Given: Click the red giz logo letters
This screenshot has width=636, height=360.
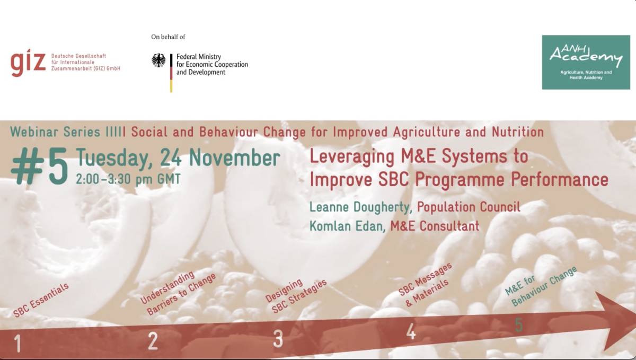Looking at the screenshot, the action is (28, 63).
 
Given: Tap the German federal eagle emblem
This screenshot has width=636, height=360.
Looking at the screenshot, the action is (158, 60).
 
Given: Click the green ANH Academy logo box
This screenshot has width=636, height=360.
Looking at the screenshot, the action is (586, 62).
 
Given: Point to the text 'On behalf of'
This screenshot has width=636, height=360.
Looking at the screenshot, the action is (168, 37).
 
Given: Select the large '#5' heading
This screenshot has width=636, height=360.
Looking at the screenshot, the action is (40, 167).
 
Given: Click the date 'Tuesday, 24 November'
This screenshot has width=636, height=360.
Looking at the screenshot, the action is (178, 158).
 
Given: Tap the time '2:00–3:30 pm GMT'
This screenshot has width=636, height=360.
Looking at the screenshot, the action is (128, 179).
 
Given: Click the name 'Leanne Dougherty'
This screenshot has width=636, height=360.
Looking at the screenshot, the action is (359, 207).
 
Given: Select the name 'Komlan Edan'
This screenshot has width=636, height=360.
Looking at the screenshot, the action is (346, 226).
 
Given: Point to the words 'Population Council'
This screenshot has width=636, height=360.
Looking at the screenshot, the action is (469, 207).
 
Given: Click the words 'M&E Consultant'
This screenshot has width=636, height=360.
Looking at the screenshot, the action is (435, 226).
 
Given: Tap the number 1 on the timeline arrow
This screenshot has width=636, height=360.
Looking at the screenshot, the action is (17, 343).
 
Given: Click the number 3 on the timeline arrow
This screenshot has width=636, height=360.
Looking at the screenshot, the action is (278, 339).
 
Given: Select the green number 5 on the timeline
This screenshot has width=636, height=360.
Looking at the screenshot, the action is (519, 324).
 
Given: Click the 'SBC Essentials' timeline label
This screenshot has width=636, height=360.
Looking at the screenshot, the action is (41, 300).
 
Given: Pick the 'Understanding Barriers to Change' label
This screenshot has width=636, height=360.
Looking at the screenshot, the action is (178, 293).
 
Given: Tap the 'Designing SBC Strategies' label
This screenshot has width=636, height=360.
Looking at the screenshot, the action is (296, 295).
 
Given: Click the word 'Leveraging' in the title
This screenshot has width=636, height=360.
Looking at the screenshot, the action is (352, 157).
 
